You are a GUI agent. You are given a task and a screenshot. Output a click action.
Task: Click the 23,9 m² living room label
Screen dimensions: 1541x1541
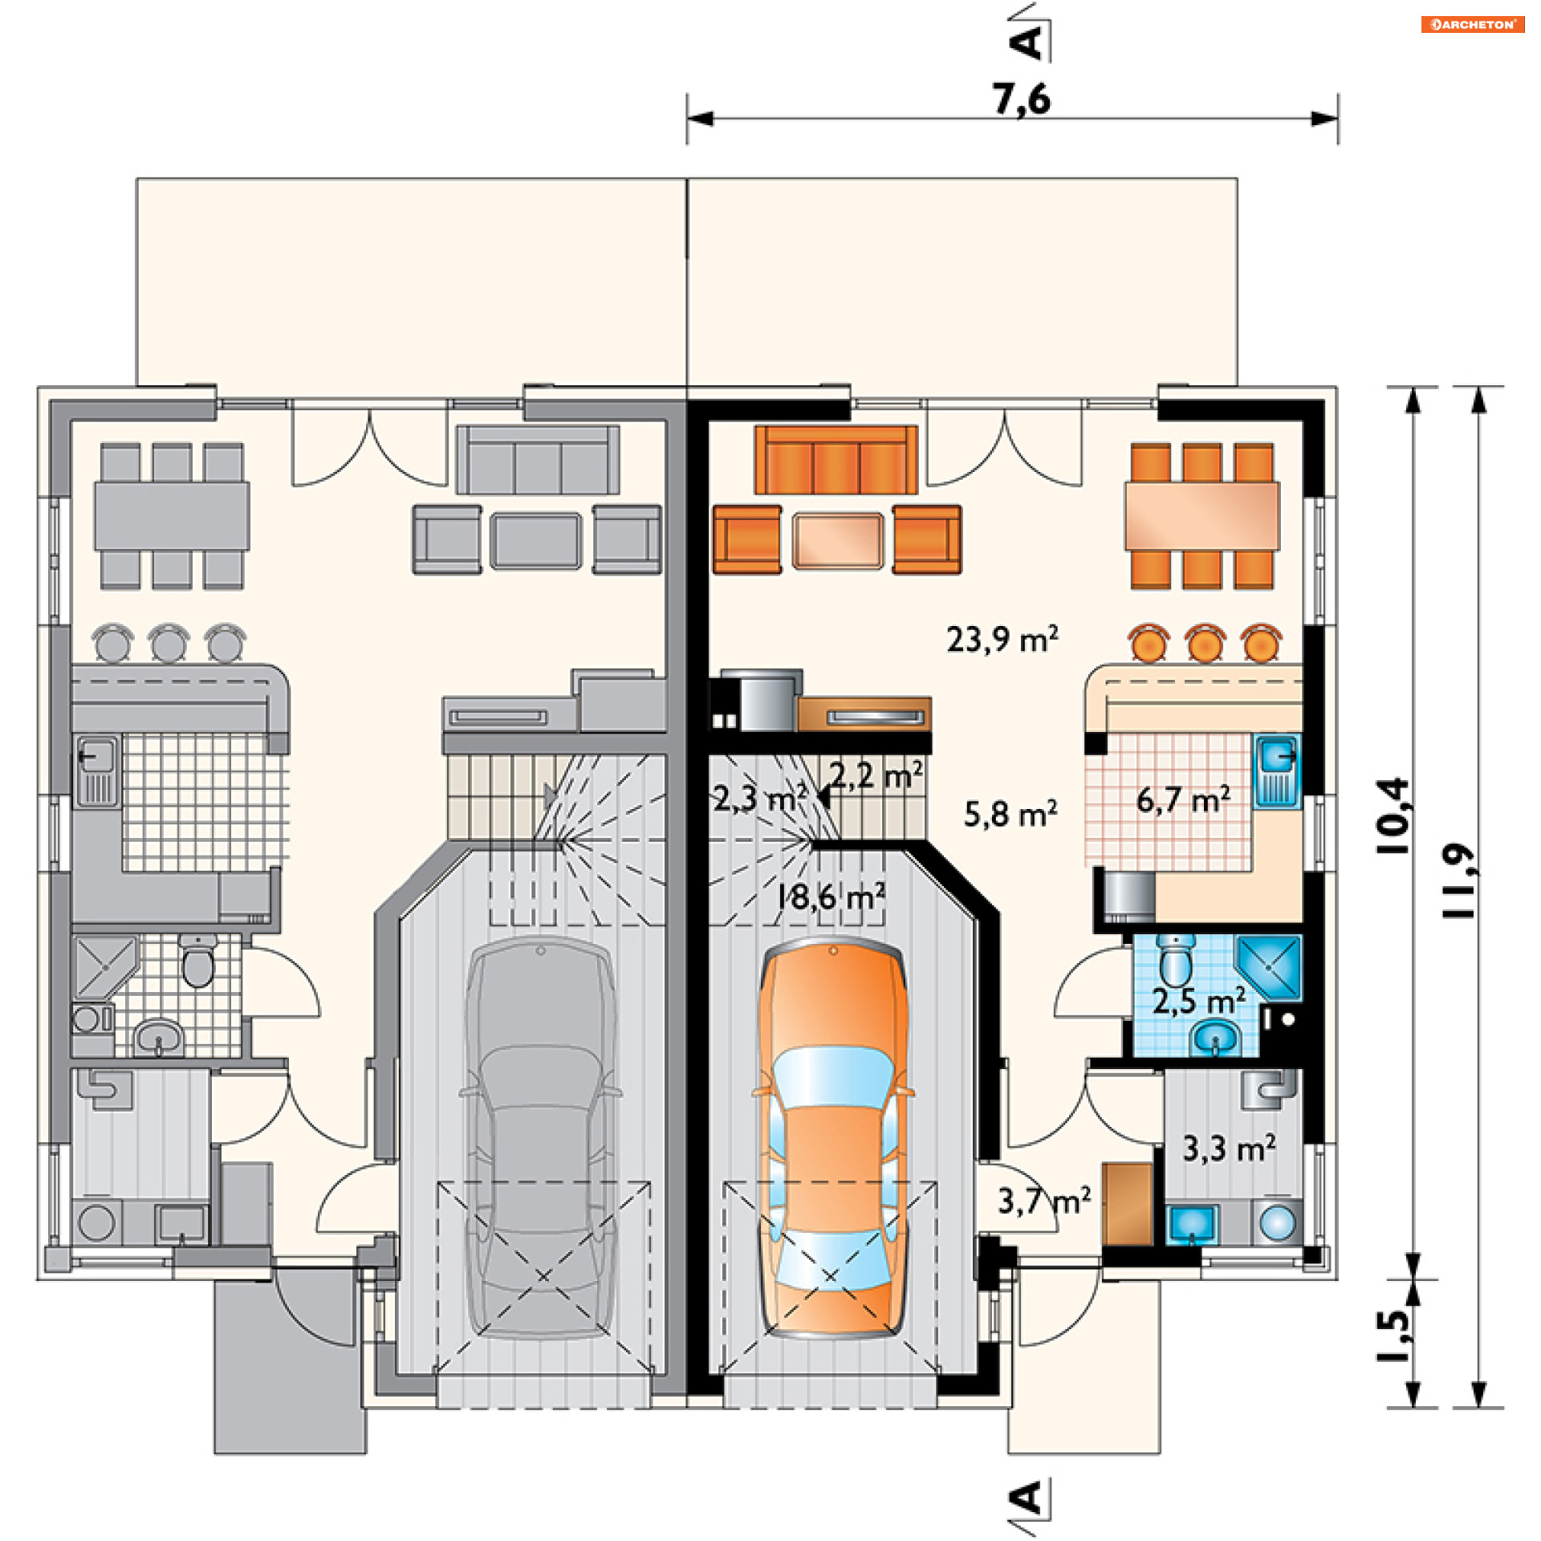pos(1002,639)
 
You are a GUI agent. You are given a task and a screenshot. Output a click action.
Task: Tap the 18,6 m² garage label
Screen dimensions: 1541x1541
pos(831,897)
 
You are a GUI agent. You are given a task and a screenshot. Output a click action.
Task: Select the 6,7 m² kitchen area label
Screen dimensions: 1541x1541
pos(1183,799)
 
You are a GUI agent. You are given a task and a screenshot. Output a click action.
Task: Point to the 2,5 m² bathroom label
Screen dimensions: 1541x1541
pos(1199,1001)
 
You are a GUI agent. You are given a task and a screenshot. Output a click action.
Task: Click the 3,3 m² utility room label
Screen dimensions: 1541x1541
pos(1229,1149)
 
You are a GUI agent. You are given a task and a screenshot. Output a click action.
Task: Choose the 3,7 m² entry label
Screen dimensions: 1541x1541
pos(1044,1201)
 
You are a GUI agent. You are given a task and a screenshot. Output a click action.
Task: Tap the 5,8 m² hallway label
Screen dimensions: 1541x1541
pos(1010,814)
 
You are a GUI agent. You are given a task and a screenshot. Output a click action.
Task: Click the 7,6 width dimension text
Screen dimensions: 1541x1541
pos(1021,100)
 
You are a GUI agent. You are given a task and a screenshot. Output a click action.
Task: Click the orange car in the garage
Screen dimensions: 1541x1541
pos(833,1137)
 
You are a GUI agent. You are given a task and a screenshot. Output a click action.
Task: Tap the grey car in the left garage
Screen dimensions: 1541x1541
pos(540,1137)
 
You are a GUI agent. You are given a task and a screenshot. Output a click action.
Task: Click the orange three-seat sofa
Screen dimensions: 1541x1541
pos(836,460)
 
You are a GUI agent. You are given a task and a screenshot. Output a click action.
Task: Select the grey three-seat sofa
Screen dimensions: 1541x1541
pos(538,460)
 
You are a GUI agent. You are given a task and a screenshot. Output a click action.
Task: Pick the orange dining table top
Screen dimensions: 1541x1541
pos(1201,515)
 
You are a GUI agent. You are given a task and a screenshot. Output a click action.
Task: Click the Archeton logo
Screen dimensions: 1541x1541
pos(1472,24)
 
